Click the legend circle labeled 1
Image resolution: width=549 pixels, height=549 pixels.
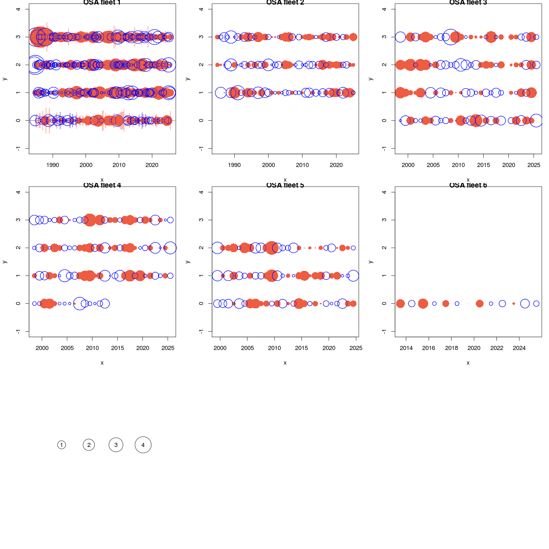[x=62, y=445]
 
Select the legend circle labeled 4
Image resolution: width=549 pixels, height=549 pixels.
[x=143, y=445]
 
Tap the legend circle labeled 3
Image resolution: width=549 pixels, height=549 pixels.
[x=116, y=445]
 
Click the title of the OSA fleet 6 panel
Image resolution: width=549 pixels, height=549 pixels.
[x=468, y=185]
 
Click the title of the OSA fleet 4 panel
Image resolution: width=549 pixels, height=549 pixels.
[x=102, y=185]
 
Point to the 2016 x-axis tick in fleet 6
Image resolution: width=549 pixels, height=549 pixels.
[x=429, y=348]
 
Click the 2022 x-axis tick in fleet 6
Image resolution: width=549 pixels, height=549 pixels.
[x=497, y=348]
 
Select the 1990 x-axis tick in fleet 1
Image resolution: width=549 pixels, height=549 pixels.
[x=53, y=165]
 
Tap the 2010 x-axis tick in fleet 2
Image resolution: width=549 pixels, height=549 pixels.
[x=302, y=165]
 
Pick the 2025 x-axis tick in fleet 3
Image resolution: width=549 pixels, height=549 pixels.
[x=534, y=165]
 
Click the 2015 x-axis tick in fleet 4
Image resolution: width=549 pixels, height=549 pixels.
[x=118, y=348]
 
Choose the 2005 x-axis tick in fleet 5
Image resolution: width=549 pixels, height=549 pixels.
[x=248, y=348]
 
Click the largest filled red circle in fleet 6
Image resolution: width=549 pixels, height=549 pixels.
[x=423, y=303]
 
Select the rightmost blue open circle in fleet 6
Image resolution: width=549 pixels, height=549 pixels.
[x=536, y=303]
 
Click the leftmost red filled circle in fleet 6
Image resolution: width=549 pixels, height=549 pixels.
[x=400, y=303]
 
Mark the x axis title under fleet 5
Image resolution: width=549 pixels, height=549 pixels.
[x=285, y=363]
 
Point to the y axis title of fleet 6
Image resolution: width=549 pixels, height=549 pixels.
[x=371, y=262]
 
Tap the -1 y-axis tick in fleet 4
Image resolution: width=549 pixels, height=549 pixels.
[x=18, y=331]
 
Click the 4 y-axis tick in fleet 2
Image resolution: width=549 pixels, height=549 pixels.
[x=201, y=9]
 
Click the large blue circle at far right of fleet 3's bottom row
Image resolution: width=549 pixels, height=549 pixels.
[x=536, y=120]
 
